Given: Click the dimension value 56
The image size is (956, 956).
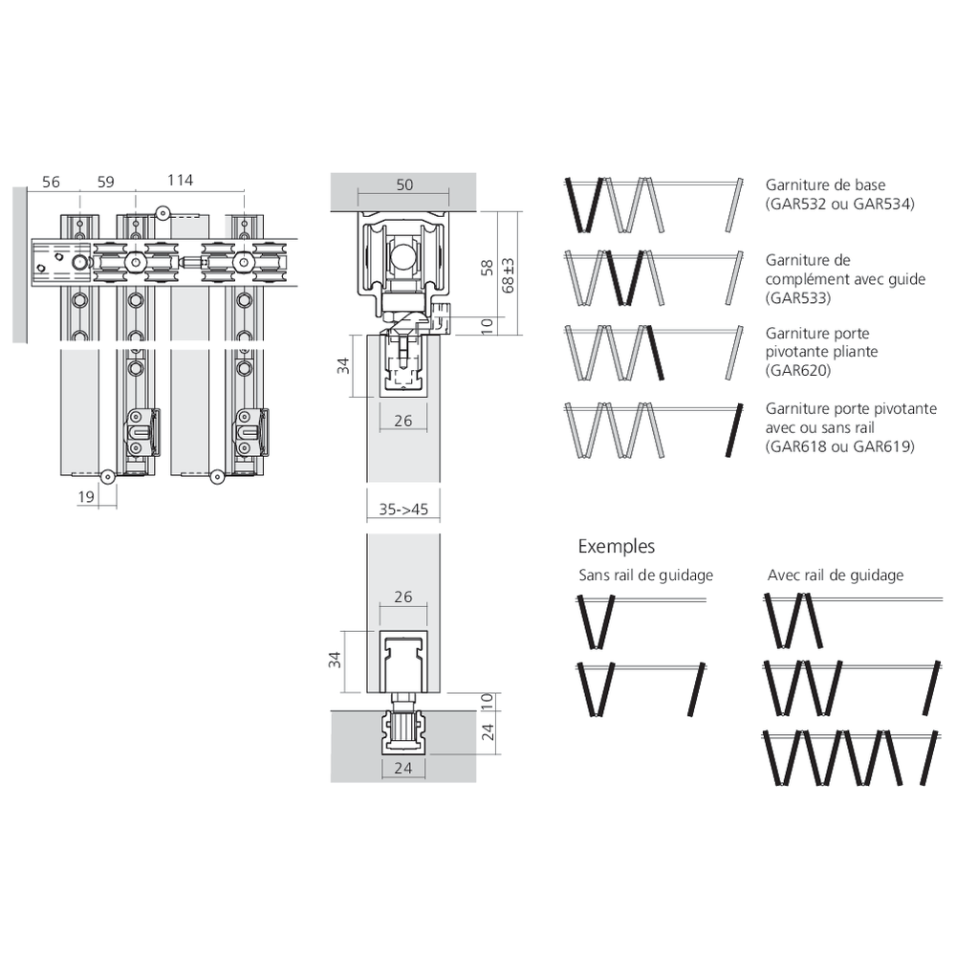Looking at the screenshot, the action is tap(52, 182).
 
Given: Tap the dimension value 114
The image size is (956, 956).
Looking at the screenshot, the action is tap(181, 180).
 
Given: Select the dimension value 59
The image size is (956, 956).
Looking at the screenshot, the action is tap(105, 182).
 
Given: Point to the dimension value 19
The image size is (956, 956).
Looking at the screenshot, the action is tap(86, 496).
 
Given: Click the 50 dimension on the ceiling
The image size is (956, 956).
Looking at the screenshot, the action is tap(404, 185).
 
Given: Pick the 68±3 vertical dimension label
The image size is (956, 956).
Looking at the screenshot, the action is tap(508, 275).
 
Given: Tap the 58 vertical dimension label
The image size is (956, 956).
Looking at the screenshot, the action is tap(488, 268).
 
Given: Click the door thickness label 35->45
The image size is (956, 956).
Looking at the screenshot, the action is tap(403, 510).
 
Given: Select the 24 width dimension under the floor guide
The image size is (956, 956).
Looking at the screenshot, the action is tap(403, 768).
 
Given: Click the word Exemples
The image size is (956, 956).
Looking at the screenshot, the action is tap(617, 546).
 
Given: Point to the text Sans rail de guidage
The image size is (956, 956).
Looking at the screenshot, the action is tap(645, 575).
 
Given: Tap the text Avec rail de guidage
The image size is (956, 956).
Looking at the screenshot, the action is tap(836, 575).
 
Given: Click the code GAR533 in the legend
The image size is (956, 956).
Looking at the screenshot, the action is tap(798, 298).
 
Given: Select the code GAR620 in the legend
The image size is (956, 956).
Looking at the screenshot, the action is tap(798, 370).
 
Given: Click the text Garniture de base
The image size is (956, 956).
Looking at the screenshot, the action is tap(826, 185).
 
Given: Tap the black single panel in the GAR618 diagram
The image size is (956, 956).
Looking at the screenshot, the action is tap(734, 430).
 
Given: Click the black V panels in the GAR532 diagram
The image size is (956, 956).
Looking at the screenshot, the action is tap(583, 205).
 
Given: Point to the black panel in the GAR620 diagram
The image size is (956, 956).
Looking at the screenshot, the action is tap(656, 353).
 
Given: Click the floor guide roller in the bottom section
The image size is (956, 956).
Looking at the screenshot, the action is tap(402, 726).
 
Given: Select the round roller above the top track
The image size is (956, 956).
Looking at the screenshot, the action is tap(163, 213).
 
